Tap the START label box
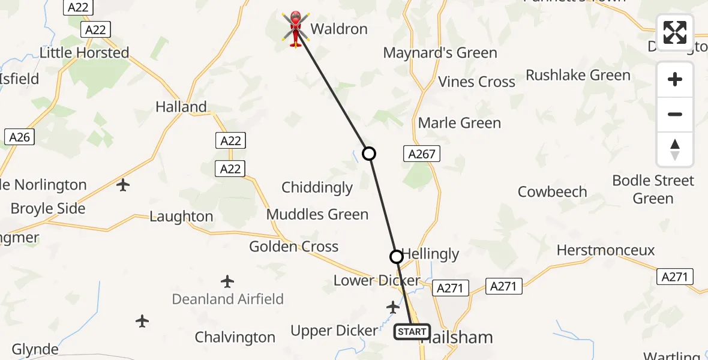click(412, 331)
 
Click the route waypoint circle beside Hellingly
click(397, 257)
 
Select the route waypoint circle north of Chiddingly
click(369, 154)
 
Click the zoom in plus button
click(675, 80)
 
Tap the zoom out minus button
click(675, 115)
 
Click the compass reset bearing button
click(675, 149)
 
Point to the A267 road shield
click(421, 154)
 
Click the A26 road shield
click(19, 137)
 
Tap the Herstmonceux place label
click(605, 250)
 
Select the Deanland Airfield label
click(227, 299)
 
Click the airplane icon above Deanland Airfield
click(227, 281)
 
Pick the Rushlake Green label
click(578, 75)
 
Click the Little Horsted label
click(85, 53)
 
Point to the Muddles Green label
click(317, 214)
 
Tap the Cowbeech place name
click(552, 192)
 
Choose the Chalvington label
click(235, 337)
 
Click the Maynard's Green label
click(440, 53)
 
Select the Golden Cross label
click(294, 247)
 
